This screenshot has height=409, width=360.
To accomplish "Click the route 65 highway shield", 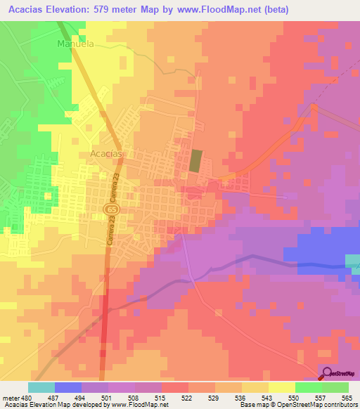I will tap(112, 209).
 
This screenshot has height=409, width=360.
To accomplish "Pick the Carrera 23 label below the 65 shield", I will tap(110, 232).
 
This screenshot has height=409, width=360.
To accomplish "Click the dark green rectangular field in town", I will tap(194, 161).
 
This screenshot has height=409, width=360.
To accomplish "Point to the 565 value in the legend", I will tap(344, 397).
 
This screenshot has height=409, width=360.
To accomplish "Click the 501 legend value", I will tap(105, 397).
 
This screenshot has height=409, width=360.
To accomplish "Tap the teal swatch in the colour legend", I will tap(41, 387).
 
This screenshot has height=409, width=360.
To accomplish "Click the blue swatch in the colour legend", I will tap(68, 387).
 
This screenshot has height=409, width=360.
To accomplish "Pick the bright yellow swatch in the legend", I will tap(281, 387).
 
